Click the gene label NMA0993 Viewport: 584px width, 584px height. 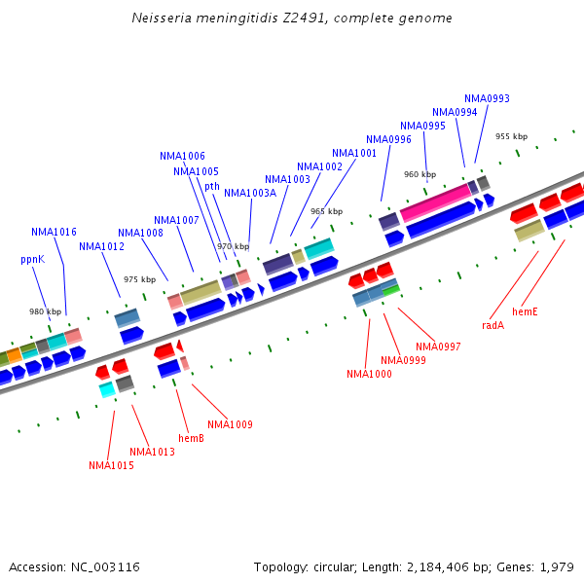coord(487,98)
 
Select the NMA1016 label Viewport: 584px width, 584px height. coord(54,232)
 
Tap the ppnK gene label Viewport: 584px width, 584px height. coord(32,260)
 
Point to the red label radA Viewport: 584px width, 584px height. coord(493,325)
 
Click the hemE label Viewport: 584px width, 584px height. coord(525,311)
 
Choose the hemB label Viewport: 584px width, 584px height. coord(191,438)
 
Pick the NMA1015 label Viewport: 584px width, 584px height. coord(111,465)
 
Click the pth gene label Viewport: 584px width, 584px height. coord(211,186)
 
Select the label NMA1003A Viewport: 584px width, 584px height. coord(250,193)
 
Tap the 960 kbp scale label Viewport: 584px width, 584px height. coord(420,174)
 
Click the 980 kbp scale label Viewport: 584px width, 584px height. coord(45,311)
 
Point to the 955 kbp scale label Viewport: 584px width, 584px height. coord(511,136)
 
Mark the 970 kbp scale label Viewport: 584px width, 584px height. coord(233,246)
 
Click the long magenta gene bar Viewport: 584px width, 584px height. coord(435,202)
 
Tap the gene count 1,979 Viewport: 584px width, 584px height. coord(554,566)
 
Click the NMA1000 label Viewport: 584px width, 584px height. coord(369,374)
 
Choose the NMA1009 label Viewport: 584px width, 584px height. coord(230,424)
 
